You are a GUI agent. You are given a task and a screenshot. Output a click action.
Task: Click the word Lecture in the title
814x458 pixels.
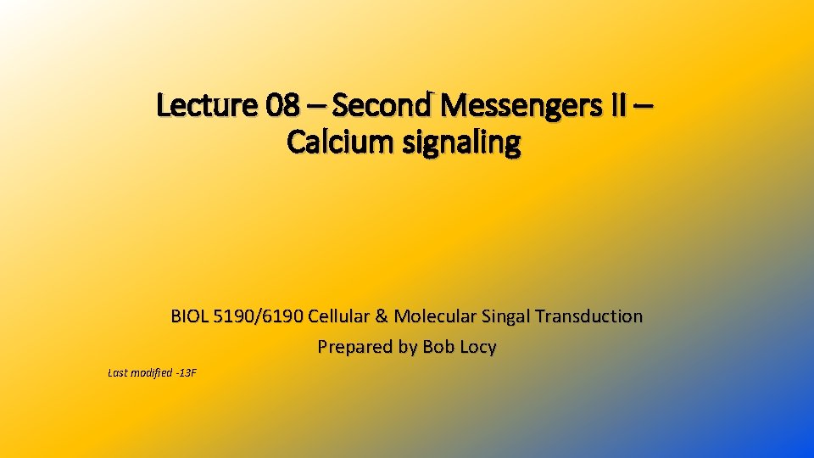[x=207, y=106]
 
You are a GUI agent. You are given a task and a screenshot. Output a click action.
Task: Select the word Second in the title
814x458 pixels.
[x=383, y=106]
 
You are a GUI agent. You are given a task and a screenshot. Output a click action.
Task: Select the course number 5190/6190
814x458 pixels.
[x=259, y=316]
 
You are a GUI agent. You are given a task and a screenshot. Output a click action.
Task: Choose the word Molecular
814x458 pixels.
[x=435, y=316]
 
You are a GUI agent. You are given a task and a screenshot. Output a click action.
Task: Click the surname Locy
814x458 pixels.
[x=477, y=348]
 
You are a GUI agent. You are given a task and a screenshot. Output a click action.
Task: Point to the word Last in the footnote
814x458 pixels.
[x=120, y=372]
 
